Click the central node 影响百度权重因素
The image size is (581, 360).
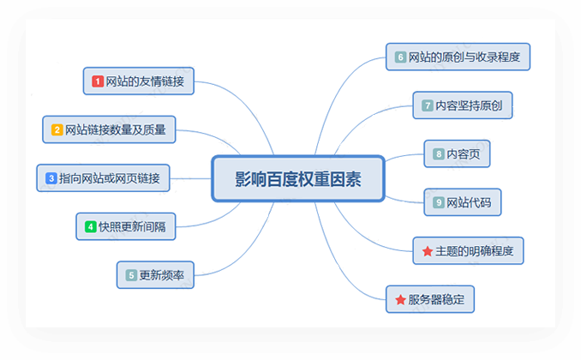297,179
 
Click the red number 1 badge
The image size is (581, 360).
98,81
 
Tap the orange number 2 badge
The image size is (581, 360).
57,130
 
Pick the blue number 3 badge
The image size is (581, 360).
51,178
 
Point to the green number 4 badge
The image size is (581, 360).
90,227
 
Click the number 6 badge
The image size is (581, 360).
400,57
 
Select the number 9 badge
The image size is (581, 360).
439,202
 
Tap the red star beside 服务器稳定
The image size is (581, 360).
400,299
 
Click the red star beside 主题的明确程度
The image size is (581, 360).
427,251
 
